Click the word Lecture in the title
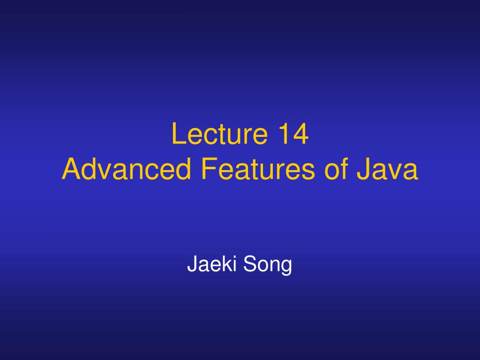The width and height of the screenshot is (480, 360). tap(219, 134)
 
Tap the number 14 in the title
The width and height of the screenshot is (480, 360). tap(293, 134)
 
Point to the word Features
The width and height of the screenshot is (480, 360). tap(258, 169)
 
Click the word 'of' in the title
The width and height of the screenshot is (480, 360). tap(336, 169)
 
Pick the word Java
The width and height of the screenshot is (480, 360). tap(387, 169)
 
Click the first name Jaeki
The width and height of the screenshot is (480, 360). tap(211, 263)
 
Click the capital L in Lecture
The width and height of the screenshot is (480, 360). tap(179, 134)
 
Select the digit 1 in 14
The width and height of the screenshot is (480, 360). tap(285, 134)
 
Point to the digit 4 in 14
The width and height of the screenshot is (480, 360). tap(300, 134)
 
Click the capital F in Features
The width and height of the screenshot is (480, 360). tap(209, 168)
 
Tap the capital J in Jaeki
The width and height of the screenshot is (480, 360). tap(192, 263)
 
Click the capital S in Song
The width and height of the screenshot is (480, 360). tap(250, 263)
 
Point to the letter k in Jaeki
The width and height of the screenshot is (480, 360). tap(226, 263)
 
